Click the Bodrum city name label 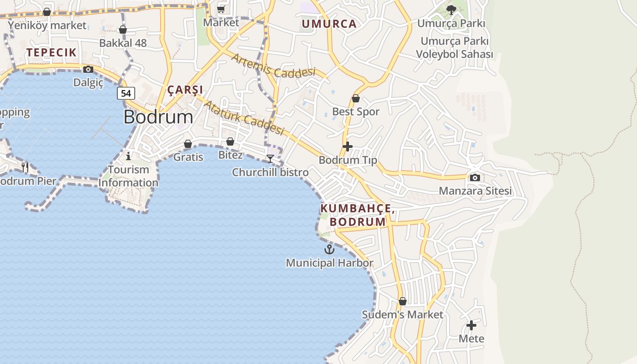click(158, 117)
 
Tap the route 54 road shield click(126, 93)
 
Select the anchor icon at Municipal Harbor click(329, 249)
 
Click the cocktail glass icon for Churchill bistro click(270, 158)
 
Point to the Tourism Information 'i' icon click(128, 156)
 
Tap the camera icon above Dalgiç click(88, 69)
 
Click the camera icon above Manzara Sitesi click(475, 177)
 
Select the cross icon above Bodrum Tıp click(348, 147)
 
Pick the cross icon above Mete click(471, 325)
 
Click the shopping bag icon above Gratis click(188, 144)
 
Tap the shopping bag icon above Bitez click(230, 142)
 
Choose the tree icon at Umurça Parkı click(451, 10)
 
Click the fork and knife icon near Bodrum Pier click(25, 167)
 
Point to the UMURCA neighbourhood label click(329, 24)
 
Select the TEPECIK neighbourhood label click(51, 52)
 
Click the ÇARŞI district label click(185, 90)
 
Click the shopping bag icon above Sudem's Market click(402, 301)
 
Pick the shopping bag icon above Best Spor click(356, 98)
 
